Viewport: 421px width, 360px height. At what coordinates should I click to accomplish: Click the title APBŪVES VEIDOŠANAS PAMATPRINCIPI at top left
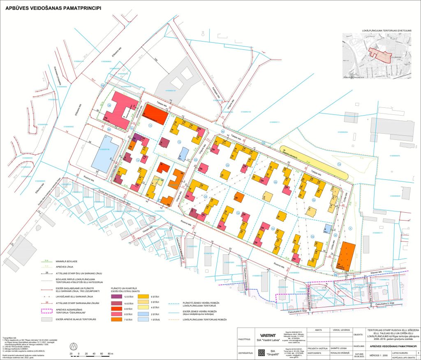(53, 7)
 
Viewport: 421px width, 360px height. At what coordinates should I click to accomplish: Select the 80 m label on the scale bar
(110, 353)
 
